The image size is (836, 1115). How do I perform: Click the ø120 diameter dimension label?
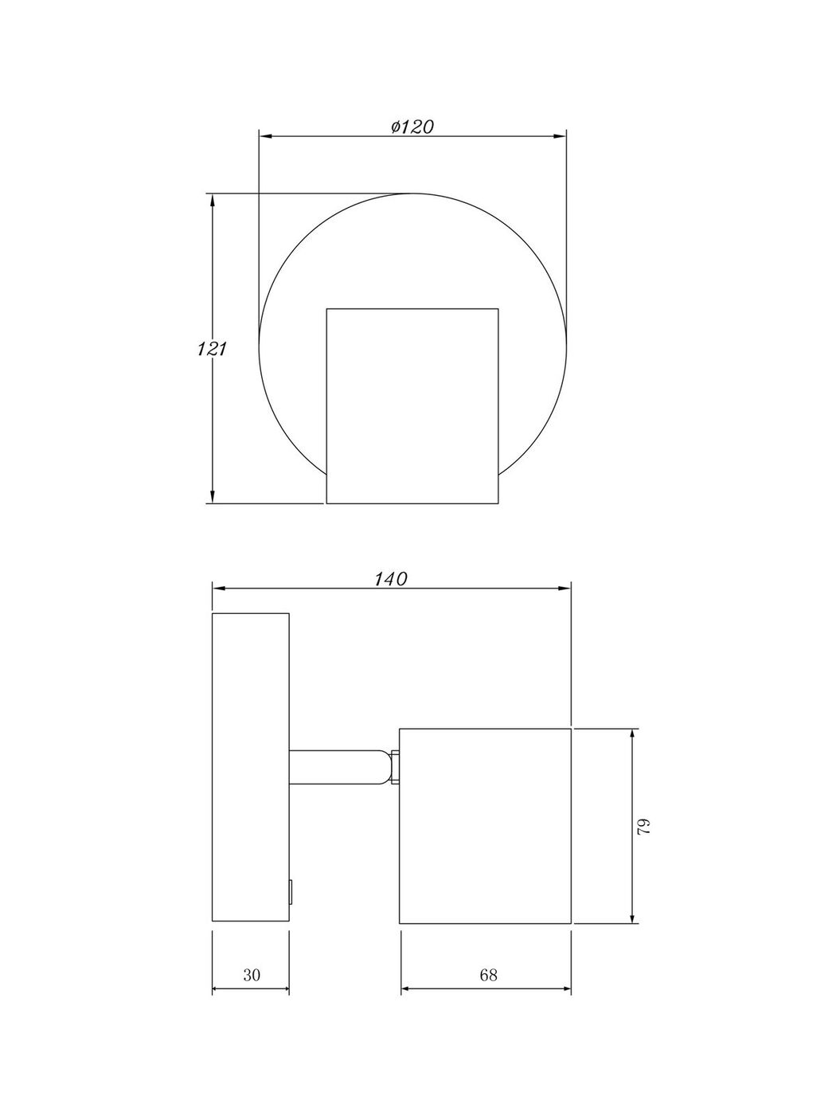click(412, 127)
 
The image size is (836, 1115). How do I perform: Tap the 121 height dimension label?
click(211, 349)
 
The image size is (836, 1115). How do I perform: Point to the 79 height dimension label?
click(643, 827)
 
